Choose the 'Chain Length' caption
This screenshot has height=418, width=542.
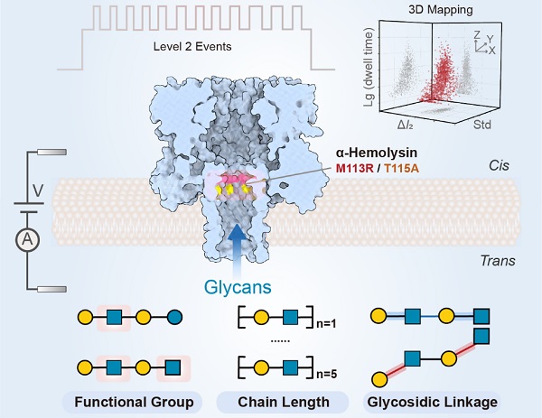(x=270, y=400)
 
